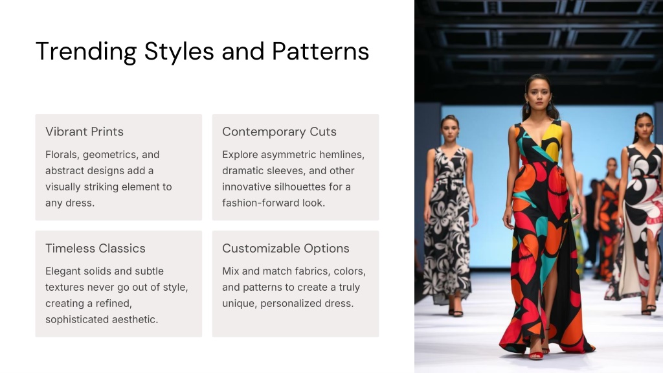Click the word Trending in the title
tap(86, 52)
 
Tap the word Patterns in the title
tap(320, 51)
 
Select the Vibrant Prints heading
tap(85, 131)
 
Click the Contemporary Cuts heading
tap(279, 131)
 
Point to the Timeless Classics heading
tap(95, 248)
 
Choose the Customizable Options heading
tap(286, 248)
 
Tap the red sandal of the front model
tap(535, 356)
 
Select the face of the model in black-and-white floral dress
tap(450, 130)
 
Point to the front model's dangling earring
tap(526, 109)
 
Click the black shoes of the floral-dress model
tap(455, 313)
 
